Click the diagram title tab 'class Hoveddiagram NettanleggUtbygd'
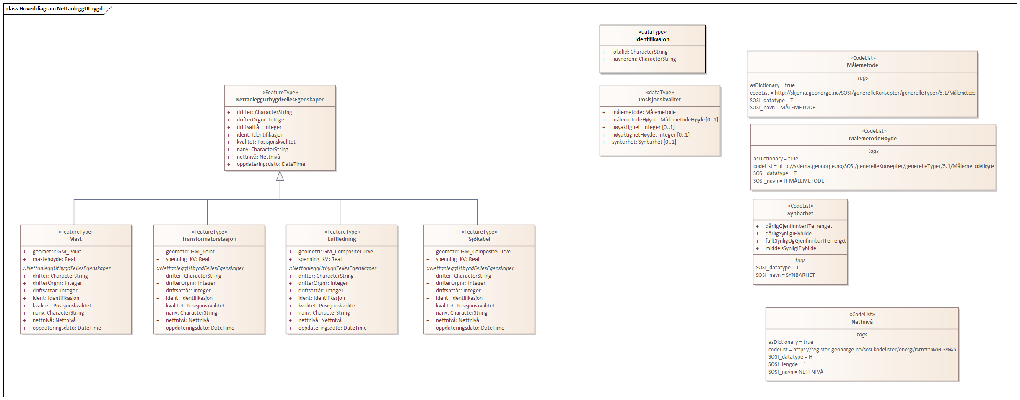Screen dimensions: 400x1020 tap(55, 8)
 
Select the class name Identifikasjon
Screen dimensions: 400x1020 tap(652, 39)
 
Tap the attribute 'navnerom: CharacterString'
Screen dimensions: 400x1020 tap(644, 59)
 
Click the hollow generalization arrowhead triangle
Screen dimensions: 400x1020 tap(280, 176)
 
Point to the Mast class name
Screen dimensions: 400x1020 tap(75, 239)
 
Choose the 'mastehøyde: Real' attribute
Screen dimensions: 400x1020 tap(54, 259)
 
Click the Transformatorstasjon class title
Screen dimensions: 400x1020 tap(209, 239)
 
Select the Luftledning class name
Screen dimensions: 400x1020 tap(342, 239)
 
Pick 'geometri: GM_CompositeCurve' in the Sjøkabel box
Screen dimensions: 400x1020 tap(473, 252)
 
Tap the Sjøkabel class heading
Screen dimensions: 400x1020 tap(479, 239)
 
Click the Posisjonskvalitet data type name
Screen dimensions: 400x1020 tap(659, 100)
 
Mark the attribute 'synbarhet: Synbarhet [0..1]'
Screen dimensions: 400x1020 tap(644, 142)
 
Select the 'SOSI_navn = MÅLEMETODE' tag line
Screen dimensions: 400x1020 tap(782, 108)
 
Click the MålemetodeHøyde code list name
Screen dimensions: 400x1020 tap(872, 139)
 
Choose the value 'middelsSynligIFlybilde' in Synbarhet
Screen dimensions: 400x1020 tap(790, 248)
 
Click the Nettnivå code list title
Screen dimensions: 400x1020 tap(862, 322)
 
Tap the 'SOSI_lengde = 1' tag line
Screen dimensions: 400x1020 tap(787, 364)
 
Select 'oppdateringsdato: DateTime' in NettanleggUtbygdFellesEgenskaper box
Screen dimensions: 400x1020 tap(270, 164)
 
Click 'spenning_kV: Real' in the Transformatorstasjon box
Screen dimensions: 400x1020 tap(187, 259)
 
